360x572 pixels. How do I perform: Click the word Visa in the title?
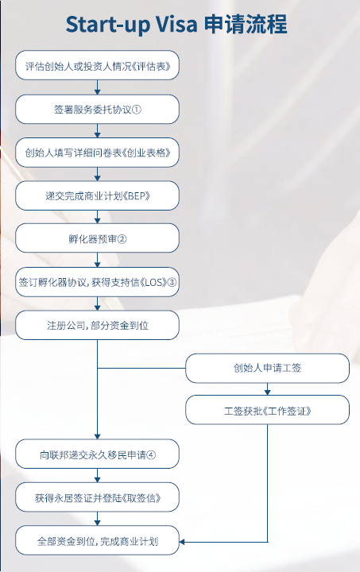[177, 25]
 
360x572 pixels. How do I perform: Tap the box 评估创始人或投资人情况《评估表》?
[98, 65]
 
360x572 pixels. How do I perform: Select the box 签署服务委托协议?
[98, 109]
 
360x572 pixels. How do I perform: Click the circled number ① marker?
[137, 110]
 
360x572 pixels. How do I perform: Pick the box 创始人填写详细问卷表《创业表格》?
[98, 153]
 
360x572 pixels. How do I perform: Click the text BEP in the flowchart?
[139, 196]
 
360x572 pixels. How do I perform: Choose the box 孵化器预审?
[98, 238]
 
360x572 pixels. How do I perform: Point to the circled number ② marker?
[122, 239]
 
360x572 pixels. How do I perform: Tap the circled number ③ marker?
[172, 282]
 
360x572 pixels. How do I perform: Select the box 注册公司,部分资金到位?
[98, 325]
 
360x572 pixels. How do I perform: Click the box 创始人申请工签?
[267, 368]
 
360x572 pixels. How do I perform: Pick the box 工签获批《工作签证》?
[267, 410]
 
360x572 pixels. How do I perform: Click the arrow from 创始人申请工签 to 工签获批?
[267, 388]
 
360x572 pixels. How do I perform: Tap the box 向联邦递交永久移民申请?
[98, 454]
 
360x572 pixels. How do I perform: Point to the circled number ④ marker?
[151, 455]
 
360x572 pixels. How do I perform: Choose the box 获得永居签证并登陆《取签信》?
[98, 497]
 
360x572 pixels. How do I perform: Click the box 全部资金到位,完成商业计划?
[98, 540]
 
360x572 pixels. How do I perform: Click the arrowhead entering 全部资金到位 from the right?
[182, 542]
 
